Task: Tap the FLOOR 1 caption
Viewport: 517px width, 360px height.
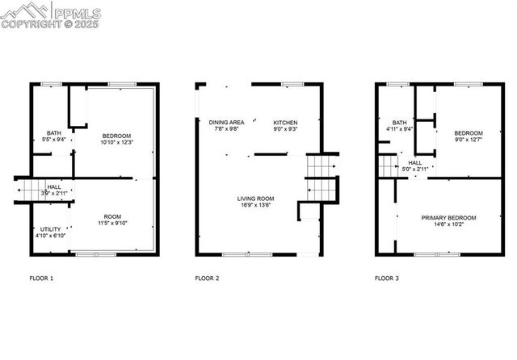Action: (41, 278)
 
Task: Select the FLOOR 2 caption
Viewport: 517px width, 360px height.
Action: (207, 278)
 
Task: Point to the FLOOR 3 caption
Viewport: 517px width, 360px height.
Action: (386, 278)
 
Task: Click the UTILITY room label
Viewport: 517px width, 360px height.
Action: (50, 229)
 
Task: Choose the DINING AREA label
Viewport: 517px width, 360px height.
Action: (226, 122)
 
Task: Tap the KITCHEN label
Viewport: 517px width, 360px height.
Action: (285, 122)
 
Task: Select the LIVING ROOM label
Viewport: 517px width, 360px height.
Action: (256, 199)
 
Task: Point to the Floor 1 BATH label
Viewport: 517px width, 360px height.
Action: (54, 133)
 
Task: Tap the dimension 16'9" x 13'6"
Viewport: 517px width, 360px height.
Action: (256, 206)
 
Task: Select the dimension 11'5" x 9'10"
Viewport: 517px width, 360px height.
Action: (114, 224)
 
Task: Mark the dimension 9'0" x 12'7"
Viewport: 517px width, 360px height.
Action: (468, 140)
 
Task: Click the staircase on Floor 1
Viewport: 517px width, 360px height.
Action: (31, 189)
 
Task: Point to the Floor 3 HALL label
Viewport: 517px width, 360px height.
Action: (414, 162)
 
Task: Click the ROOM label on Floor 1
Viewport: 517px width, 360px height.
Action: (114, 216)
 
